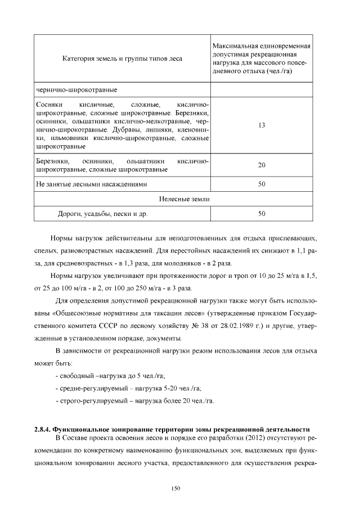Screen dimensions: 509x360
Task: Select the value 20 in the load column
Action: coord(262,165)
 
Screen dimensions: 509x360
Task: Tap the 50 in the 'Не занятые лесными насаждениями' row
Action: coord(262,184)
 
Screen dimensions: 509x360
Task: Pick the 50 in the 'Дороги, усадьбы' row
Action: coord(262,214)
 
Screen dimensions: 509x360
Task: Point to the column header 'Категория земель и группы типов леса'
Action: coord(122,58)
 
